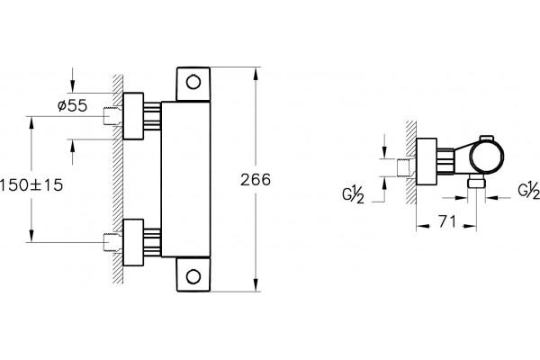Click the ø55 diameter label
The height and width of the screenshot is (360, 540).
pos(72,105)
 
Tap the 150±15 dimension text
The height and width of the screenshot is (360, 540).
pos(31,185)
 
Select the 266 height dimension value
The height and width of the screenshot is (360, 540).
pos(256,180)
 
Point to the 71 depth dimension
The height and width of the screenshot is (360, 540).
pos(447,221)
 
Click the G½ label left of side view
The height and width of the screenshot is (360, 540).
pos(353,195)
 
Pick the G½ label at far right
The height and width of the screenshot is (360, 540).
pos(529,191)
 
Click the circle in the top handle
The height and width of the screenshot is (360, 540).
pos(193,82)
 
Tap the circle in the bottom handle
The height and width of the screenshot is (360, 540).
pos(193,276)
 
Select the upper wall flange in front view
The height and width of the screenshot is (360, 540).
pos(133,116)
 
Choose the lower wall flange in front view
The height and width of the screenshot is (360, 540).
pos(133,242)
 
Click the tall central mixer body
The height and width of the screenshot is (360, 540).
pos(185,179)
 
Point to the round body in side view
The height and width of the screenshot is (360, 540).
pos(487,157)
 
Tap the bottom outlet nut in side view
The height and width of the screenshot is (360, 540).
pos(476,183)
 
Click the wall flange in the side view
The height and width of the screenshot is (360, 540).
pos(427,162)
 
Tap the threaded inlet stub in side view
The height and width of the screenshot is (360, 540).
pos(407,167)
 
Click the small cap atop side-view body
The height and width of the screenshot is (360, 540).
pos(486,138)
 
